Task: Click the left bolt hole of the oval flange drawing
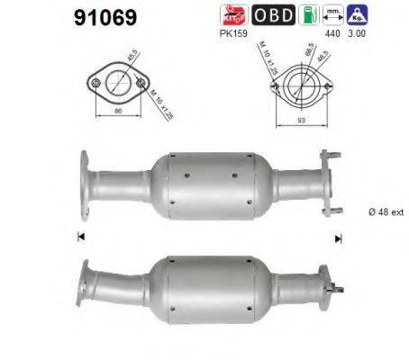pos(95,83)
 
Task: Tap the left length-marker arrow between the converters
pos(81,238)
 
